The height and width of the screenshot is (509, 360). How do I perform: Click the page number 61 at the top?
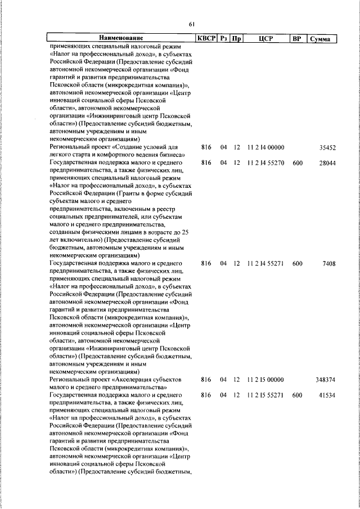[x=192, y=24]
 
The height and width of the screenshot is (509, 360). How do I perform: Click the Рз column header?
[x=224, y=38]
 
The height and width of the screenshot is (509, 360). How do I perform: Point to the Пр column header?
[x=237, y=38]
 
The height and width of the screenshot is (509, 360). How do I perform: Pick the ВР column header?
[x=297, y=38]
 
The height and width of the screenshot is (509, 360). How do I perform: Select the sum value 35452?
[x=327, y=147]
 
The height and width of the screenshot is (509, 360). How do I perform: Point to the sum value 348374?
[x=325, y=381]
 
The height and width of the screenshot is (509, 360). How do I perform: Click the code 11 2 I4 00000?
[x=265, y=147]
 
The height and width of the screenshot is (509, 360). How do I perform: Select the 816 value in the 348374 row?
[x=205, y=381]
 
